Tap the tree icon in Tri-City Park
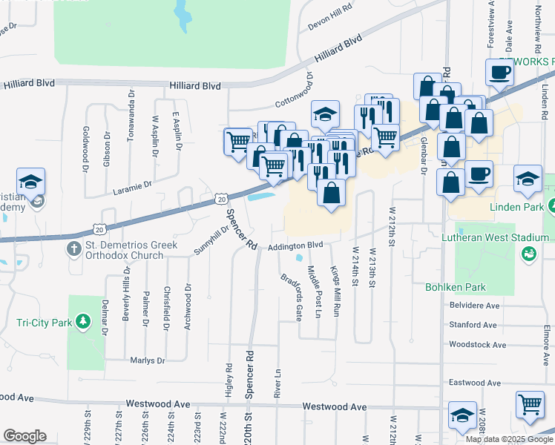coord(84,323)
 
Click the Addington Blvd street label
coord(296,245)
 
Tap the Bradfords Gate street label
coord(291,297)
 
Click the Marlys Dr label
coord(146,360)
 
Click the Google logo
coord(25,435)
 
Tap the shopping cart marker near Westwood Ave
coord(530,405)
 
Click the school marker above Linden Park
coord(528,179)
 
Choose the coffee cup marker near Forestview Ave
coord(499,72)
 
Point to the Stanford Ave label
coord(473,325)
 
